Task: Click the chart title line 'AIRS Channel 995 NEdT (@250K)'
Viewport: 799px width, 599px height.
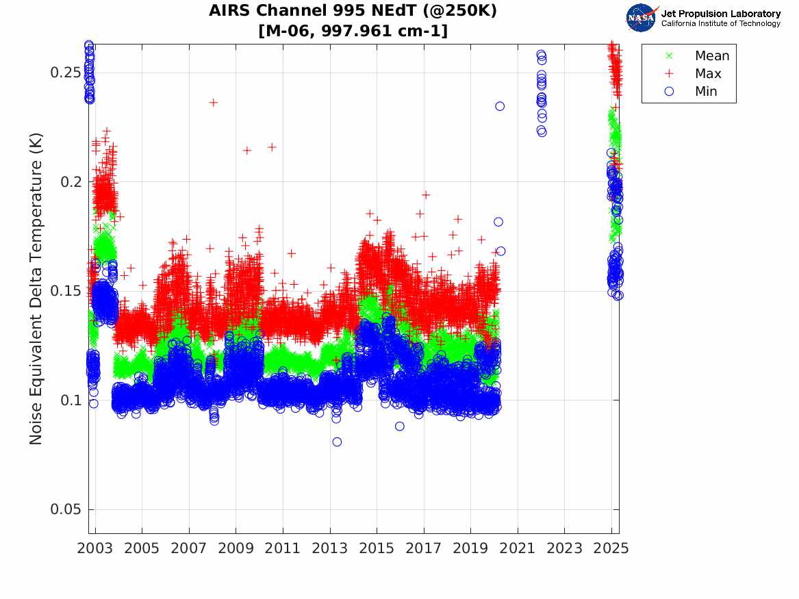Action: coord(353,11)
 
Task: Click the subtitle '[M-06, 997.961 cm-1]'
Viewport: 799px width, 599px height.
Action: coord(353,31)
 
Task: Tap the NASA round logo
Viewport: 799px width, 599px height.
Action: coord(641,17)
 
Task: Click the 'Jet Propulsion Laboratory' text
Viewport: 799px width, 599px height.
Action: coord(720,14)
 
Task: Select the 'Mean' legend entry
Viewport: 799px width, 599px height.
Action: coord(711,56)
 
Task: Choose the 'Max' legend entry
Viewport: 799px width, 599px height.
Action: coord(707,74)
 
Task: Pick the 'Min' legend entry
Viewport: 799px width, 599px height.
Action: coord(706,92)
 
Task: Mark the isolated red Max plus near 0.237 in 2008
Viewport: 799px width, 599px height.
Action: coord(213,103)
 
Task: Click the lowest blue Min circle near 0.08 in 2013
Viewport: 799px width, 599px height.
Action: coord(337,442)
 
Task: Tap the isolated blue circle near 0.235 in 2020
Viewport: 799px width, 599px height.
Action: coord(500,106)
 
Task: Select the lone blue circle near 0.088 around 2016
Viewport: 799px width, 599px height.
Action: coord(400,426)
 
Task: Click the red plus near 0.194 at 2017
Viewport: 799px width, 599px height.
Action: coord(425,195)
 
